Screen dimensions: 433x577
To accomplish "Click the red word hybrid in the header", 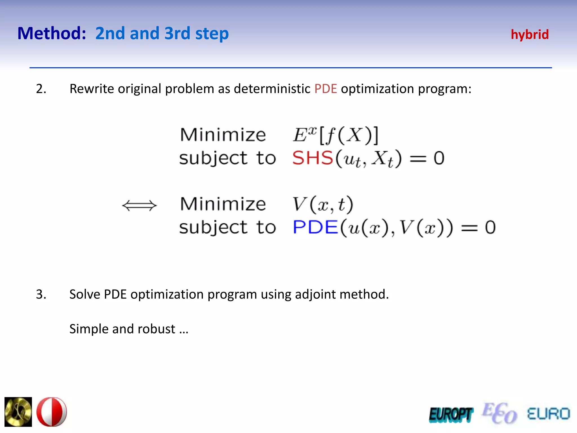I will click(530, 35).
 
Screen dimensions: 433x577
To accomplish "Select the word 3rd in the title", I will click(177, 33).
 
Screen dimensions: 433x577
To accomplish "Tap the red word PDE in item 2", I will click(325, 89).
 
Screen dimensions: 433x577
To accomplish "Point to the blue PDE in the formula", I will click(315, 227).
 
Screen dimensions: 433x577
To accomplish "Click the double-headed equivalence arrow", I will click(139, 205).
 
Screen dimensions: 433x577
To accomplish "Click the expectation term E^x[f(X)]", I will click(335, 135).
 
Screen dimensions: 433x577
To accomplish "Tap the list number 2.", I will click(41, 89).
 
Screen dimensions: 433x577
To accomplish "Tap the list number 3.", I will click(41, 294).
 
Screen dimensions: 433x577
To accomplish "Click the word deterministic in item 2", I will click(272, 89).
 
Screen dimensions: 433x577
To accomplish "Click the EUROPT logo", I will click(451, 415).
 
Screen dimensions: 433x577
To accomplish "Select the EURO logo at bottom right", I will click(548, 414).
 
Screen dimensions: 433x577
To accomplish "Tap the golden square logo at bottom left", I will click(18, 412).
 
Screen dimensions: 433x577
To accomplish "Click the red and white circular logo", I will click(52, 412).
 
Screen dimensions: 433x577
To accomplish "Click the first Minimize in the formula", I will click(223, 135).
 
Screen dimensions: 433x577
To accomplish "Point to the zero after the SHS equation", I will click(439, 158).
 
